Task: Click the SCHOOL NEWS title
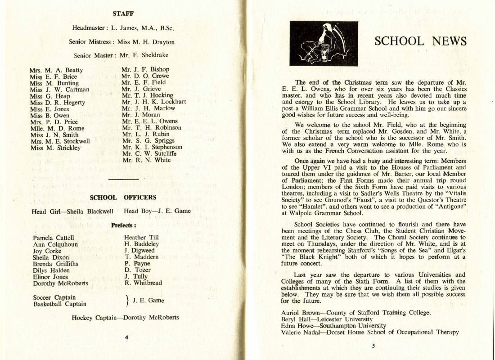420,41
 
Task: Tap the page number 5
373,346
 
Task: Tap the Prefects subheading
123,223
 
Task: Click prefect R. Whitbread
143,283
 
